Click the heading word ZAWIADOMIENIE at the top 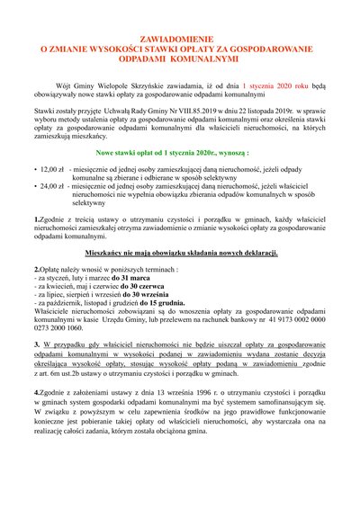pos(181,41)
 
